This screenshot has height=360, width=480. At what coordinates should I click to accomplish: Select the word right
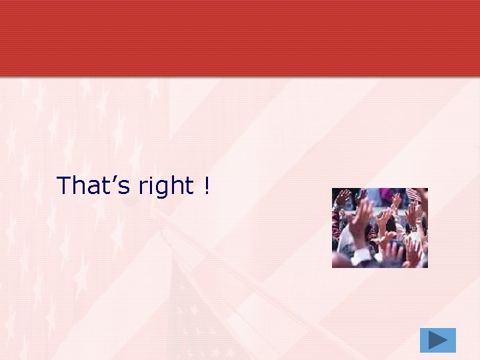click(x=165, y=187)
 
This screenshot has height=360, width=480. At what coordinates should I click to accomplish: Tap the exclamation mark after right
click(x=207, y=185)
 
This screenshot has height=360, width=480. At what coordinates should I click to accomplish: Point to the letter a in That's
click(x=93, y=188)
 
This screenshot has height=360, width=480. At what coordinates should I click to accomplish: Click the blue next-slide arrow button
click(x=438, y=340)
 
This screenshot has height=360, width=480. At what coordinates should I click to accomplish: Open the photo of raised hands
click(x=380, y=227)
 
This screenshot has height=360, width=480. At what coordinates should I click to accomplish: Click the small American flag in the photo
click(x=413, y=195)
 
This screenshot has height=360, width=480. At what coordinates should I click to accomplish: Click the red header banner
click(x=240, y=37)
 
